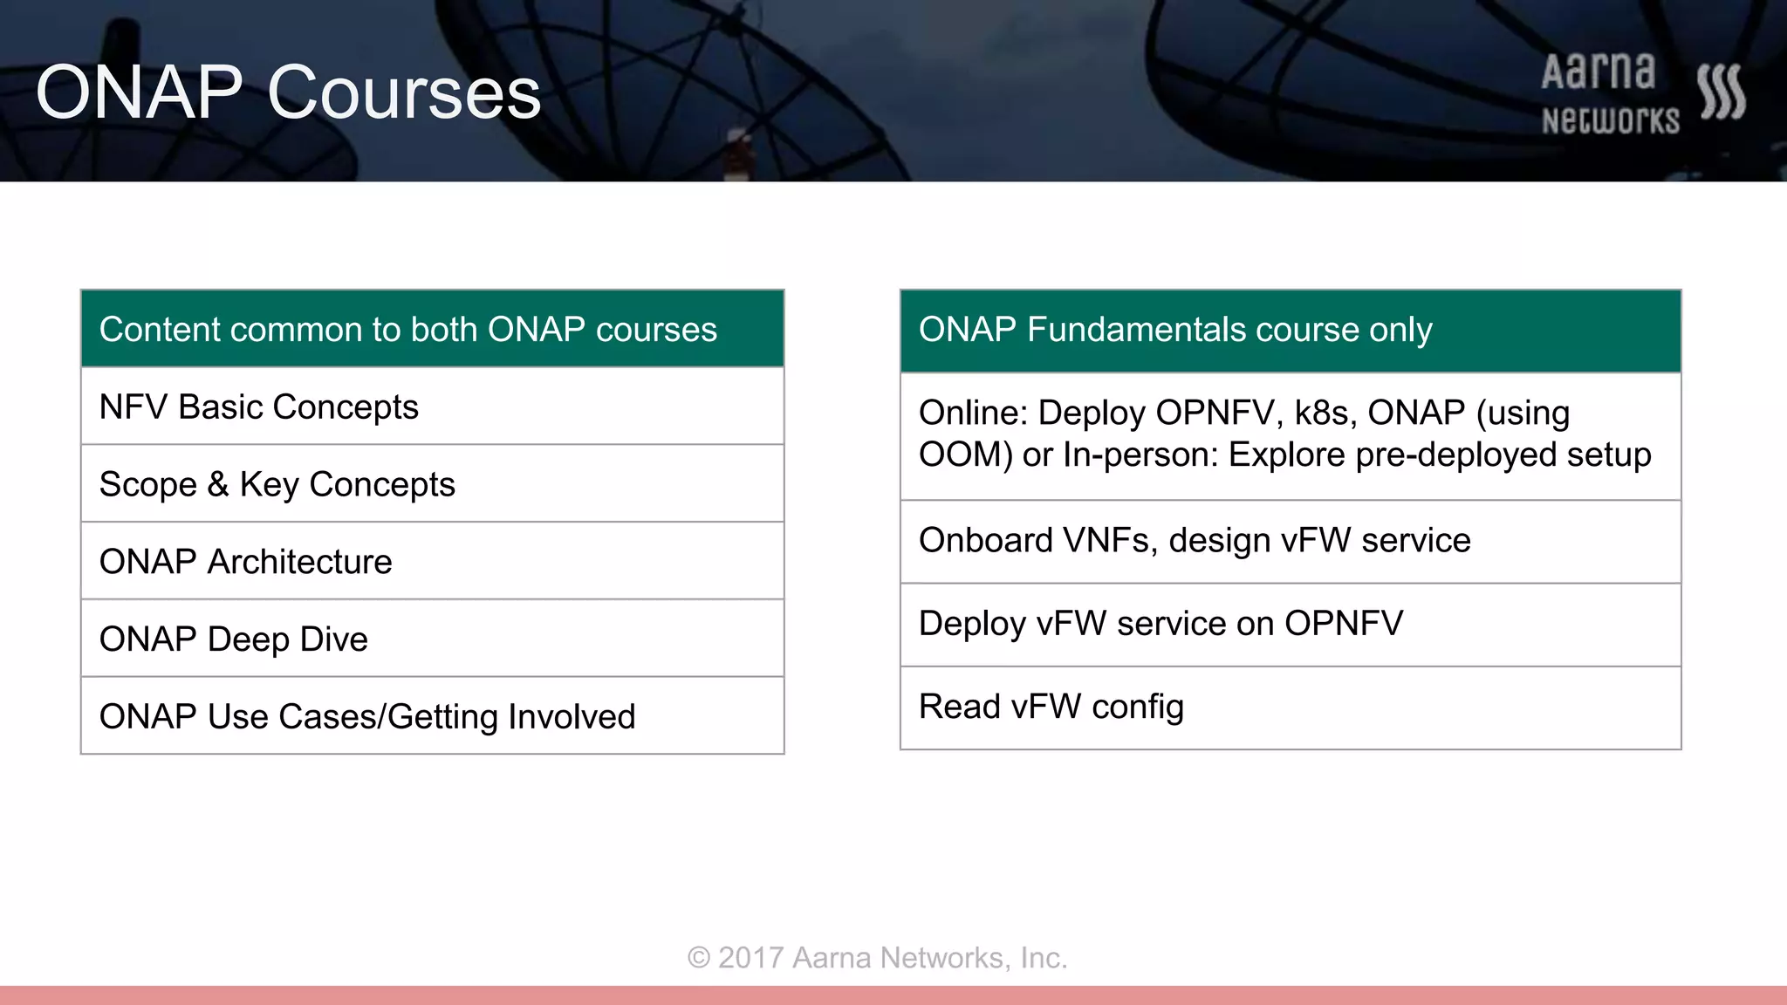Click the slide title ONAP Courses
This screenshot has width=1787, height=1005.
tap(288, 92)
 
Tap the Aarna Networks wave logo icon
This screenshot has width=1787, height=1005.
tap(1721, 92)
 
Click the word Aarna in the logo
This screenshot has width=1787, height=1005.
tap(1598, 72)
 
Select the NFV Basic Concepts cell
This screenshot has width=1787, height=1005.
tap(258, 407)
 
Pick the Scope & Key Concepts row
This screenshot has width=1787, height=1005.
tap(277, 485)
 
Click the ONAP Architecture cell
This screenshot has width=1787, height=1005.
tap(245, 562)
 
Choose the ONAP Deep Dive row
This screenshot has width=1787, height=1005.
tap(233, 639)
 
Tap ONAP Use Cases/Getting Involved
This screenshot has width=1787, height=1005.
tap(366, 717)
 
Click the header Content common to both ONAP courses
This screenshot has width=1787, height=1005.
tap(407, 330)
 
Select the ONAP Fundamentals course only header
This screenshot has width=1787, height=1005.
tap(1174, 330)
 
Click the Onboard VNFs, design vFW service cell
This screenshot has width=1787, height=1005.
tap(1194, 541)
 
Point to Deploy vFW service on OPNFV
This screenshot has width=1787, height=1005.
tap(1161, 624)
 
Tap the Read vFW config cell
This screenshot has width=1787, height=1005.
tap(1051, 707)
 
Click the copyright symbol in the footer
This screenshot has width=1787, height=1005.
tap(699, 958)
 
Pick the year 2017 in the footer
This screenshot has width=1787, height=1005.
tap(750, 958)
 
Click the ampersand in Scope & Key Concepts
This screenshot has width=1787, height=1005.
tap(218, 485)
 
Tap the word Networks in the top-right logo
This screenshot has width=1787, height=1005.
tap(1610, 120)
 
